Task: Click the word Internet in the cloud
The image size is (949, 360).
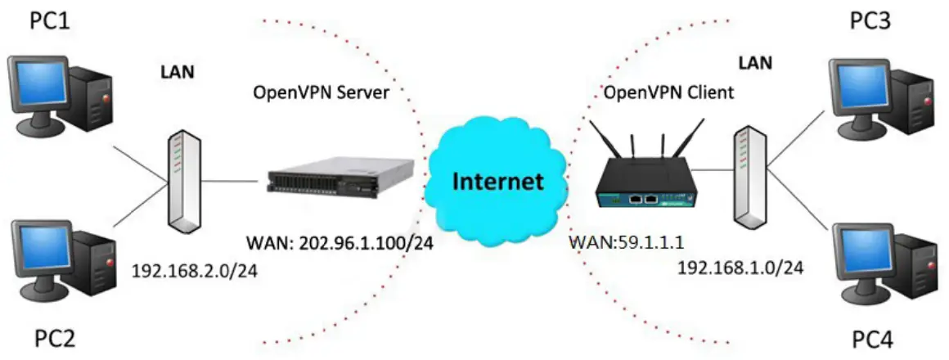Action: pos(499,181)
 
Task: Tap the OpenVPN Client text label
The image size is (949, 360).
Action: pos(668,93)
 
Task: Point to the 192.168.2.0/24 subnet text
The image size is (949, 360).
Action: pos(195,271)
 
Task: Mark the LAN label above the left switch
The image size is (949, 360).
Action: pos(177,73)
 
